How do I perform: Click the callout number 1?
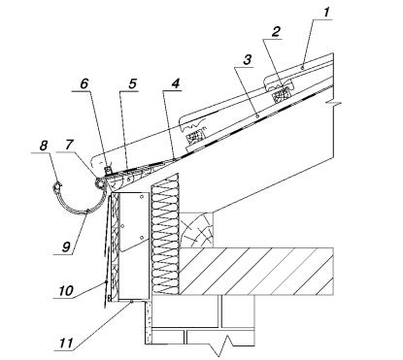[326, 13]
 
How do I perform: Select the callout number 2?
[277, 32]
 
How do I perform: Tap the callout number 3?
[248, 60]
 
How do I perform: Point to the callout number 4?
[175, 83]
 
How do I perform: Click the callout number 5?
[132, 83]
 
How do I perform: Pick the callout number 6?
[84, 83]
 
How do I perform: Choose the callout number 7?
[69, 145]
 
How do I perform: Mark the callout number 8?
[44, 146]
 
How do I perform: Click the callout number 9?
[66, 247]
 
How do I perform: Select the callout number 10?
[66, 290]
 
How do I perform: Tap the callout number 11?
[66, 343]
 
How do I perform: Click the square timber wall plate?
[196, 230]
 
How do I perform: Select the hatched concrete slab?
[256, 271]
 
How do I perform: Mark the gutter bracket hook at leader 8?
[57, 187]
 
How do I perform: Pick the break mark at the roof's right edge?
[333, 103]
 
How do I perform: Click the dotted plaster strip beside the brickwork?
[148, 322]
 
